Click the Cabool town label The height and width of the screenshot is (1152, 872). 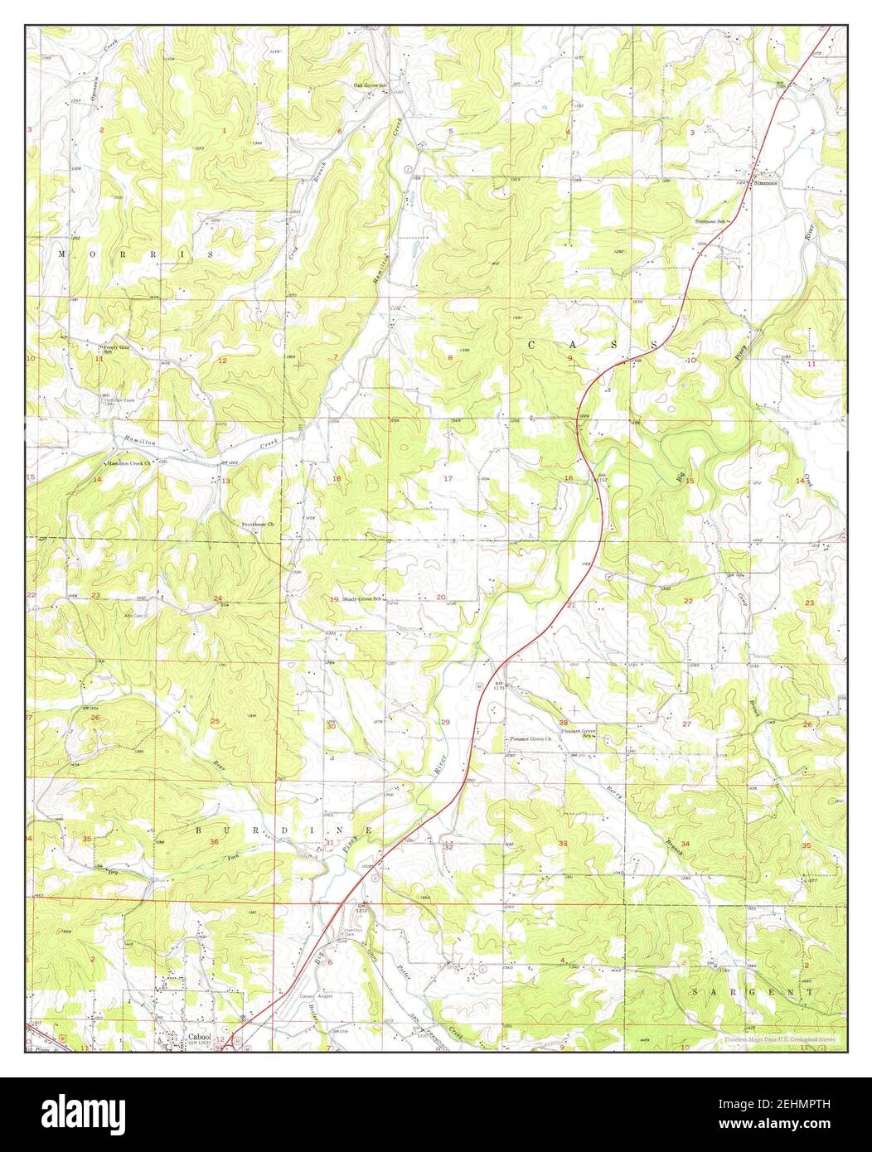199,1036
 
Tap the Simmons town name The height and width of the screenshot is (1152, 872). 764,183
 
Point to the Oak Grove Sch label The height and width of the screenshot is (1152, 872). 371,85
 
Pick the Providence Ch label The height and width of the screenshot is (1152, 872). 258,525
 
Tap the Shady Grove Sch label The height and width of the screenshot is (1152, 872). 361,598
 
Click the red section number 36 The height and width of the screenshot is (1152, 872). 215,842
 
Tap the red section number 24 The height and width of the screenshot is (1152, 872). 218,598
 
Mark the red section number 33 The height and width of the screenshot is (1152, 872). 564,843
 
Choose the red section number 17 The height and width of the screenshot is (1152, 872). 448,479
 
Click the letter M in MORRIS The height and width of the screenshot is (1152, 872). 62,254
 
